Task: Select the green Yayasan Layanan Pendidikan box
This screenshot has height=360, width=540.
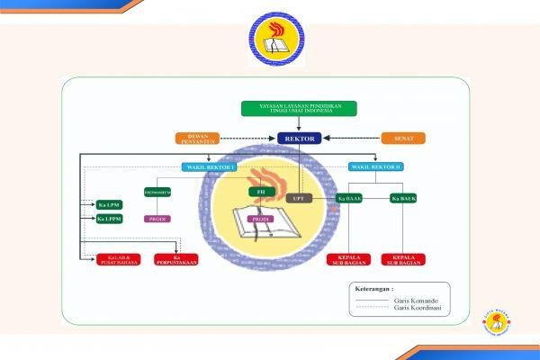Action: [298, 108]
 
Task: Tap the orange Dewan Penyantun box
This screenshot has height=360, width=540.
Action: [196, 139]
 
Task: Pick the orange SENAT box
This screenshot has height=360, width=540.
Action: [403, 139]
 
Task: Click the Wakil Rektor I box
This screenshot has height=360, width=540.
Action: [209, 167]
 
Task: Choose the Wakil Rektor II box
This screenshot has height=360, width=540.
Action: [375, 167]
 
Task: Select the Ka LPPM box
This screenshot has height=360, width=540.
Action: [109, 219]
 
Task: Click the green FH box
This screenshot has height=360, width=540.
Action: [261, 192]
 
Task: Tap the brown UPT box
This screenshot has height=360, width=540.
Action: [299, 198]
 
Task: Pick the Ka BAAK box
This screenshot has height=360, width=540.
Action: [349, 198]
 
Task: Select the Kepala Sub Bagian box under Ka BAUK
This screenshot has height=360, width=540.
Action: [403, 259]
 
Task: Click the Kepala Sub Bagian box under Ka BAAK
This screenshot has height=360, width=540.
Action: [348, 259]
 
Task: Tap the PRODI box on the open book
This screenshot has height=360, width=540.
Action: [261, 219]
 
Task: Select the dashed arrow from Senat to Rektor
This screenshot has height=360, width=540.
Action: [353, 139]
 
